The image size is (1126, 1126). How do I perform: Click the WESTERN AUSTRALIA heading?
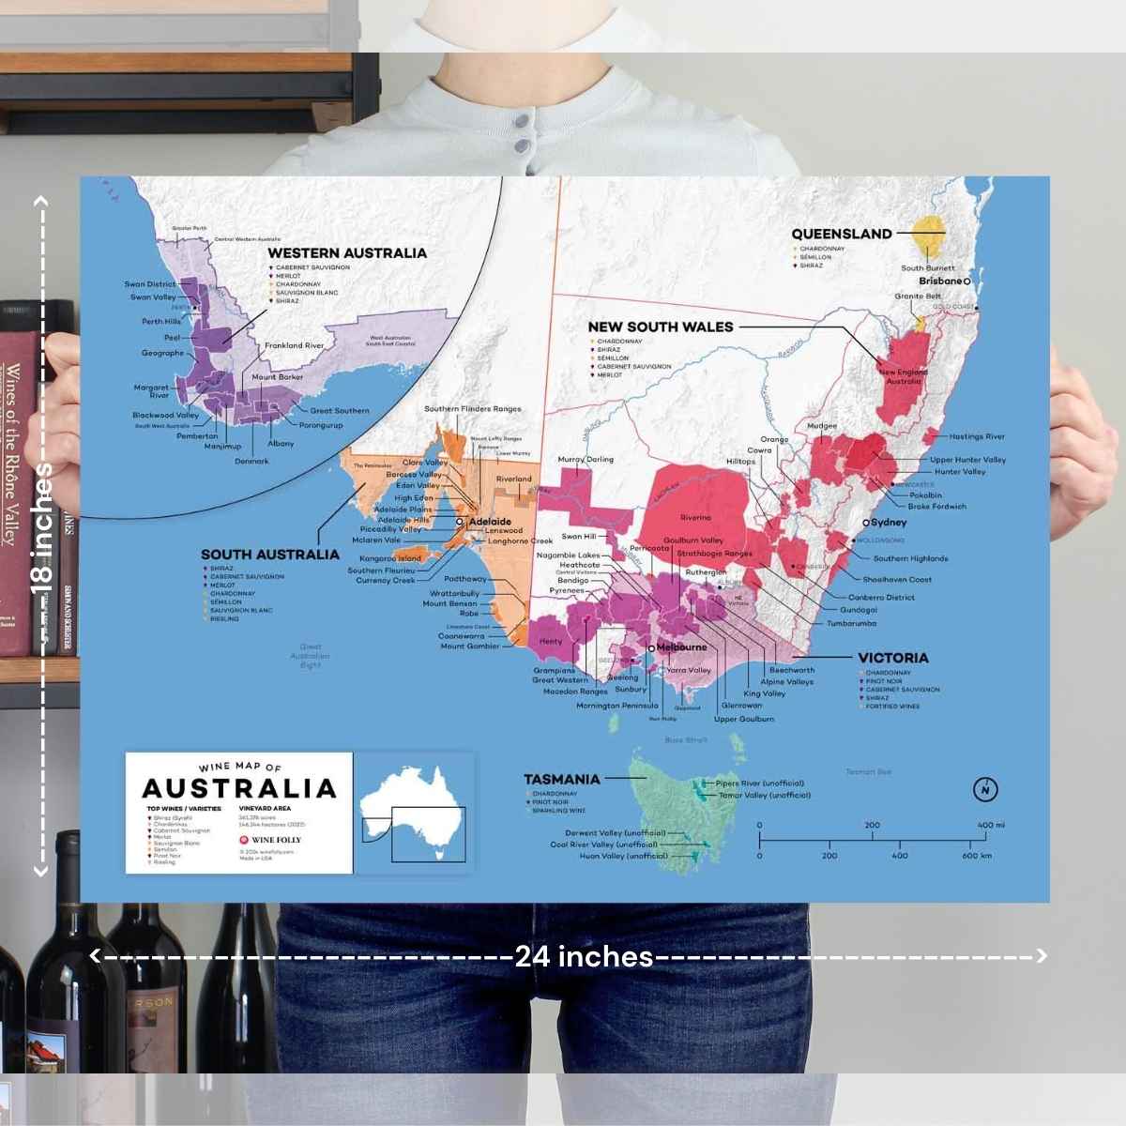[x=347, y=252]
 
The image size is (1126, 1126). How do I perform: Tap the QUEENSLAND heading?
[x=841, y=234]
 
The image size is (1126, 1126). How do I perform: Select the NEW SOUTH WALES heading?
[x=660, y=327]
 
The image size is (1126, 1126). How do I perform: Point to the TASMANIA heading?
[x=561, y=779]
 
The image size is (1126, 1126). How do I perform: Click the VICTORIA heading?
[x=892, y=658]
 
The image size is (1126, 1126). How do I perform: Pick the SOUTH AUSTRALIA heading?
[x=270, y=554]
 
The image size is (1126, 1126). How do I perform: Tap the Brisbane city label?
[x=940, y=281]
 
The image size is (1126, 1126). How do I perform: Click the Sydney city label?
[x=889, y=523]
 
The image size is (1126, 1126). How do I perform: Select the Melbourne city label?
[x=681, y=647]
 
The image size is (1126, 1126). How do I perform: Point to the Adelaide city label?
[x=490, y=521]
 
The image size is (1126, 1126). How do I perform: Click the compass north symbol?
[x=985, y=789]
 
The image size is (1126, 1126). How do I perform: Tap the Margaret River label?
[x=151, y=391]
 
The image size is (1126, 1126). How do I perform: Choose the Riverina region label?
[x=695, y=518]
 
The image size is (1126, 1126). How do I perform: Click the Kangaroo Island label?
[x=390, y=558]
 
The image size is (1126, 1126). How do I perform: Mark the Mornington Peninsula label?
[x=617, y=706]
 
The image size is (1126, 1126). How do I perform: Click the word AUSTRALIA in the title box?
[x=238, y=787]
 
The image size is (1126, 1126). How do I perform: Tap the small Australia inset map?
[x=414, y=813]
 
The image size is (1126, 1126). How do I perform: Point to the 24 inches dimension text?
[x=584, y=956]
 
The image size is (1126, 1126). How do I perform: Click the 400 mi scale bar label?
[x=990, y=826]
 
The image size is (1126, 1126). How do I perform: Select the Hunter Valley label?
[x=960, y=472]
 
